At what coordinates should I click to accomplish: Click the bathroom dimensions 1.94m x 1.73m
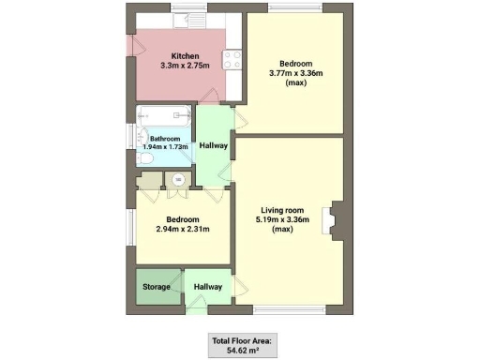[x=165, y=147]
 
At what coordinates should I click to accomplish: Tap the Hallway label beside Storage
[x=208, y=287]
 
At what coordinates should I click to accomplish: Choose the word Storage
[x=156, y=287]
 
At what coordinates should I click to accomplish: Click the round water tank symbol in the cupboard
[x=178, y=180]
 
